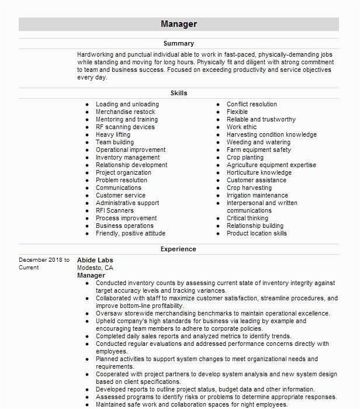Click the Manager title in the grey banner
coord(179,24)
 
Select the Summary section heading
coord(179,43)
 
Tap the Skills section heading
coord(179,93)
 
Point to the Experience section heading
coord(179,249)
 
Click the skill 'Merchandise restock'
coord(126,112)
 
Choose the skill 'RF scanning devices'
coord(125,127)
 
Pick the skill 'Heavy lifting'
coord(113,134)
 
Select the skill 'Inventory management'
coord(127,157)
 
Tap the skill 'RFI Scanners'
coord(115,210)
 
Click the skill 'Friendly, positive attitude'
coord(130,233)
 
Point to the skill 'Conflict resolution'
coord(252,104)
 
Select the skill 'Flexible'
coord(237,112)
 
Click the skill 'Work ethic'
coord(242,127)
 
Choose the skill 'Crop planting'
coord(245,157)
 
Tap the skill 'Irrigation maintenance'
coord(257,195)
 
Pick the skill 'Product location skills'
coord(257,233)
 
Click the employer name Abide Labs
coord(95,260)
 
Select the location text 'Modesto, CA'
coord(95,268)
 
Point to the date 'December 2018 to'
coord(44,260)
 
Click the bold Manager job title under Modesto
coord(91,275)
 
